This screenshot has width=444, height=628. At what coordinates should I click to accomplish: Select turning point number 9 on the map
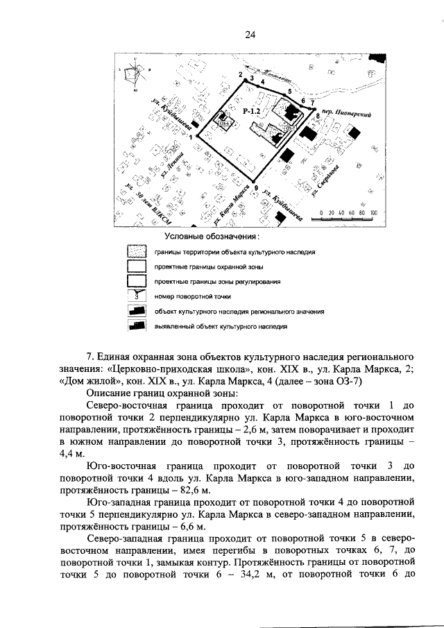[x=256, y=187]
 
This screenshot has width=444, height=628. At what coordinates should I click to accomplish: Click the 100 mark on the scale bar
[x=373, y=212]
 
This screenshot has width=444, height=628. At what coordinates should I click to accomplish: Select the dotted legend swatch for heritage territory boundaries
[x=137, y=252]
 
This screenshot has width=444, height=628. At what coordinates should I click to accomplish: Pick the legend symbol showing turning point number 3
[x=137, y=296]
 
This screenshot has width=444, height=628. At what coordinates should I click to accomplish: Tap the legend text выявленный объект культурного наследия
[x=221, y=325]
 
